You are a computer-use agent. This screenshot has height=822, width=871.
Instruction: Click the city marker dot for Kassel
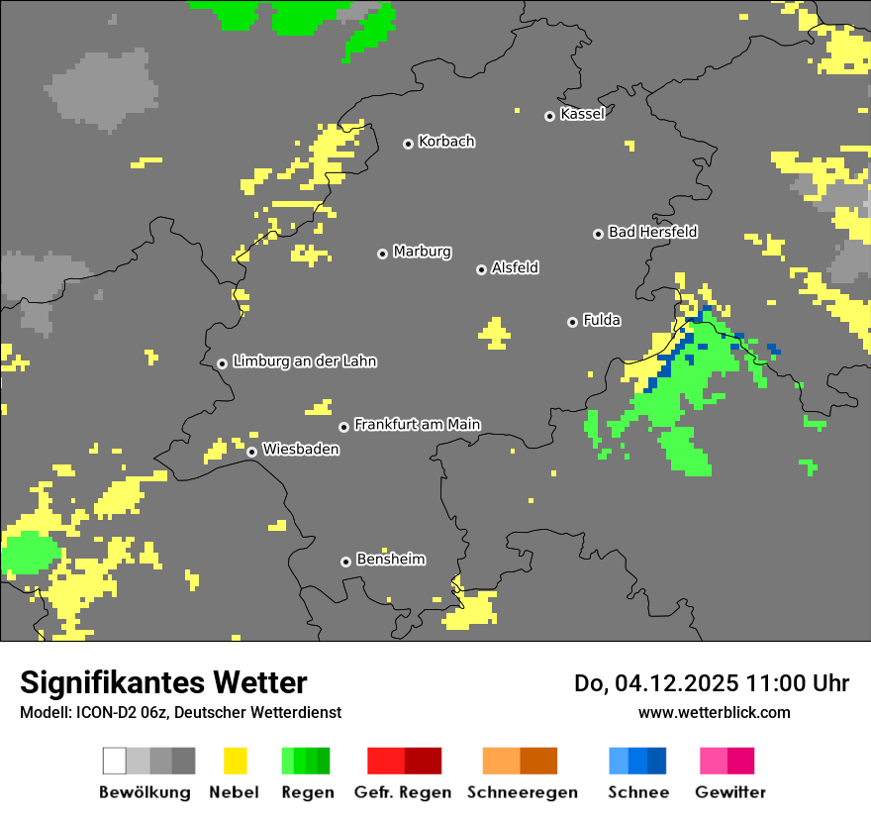[x=549, y=116]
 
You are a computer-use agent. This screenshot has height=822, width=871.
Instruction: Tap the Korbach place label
[x=446, y=142]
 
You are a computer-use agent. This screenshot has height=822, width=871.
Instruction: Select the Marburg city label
[x=422, y=252]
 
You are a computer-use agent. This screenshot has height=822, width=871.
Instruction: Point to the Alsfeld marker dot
[x=481, y=269]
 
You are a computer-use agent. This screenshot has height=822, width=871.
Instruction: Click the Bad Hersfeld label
[x=652, y=232]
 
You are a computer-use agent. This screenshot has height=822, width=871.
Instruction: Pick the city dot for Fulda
[x=572, y=322]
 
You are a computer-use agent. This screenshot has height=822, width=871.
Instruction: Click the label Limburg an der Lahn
[x=304, y=361]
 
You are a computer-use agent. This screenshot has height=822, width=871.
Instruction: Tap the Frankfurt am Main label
[x=417, y=425]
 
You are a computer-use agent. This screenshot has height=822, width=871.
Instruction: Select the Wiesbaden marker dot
[x=252, y=452]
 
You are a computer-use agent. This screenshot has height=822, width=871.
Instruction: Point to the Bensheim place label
[x=390, y=560]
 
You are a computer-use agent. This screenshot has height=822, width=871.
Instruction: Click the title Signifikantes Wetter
[x=163, y=682]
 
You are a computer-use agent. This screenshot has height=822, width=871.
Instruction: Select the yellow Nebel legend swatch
[x=235, y=761]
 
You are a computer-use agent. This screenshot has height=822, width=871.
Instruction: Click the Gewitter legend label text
[x=730, y=792]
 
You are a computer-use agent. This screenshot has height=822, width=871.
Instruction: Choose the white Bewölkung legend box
[x=115, y=761]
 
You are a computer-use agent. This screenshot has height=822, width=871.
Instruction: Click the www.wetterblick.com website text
[x=714, y=712]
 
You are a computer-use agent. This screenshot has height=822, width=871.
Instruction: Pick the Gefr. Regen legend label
[x=403, y=792]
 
